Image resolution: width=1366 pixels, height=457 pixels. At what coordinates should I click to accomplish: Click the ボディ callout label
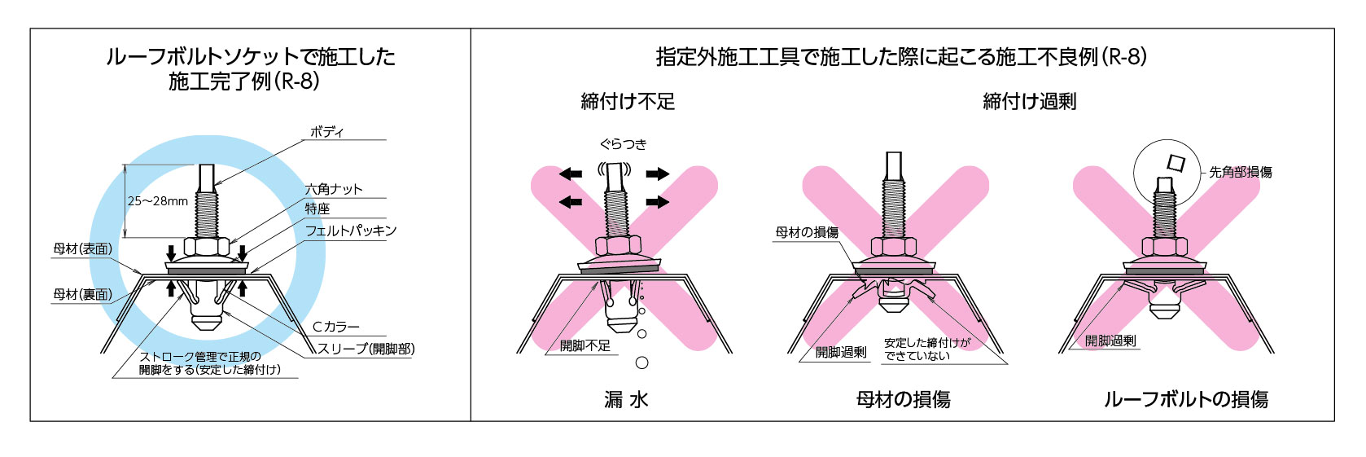[x=326, y=132]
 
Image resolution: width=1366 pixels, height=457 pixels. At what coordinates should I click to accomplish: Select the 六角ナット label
[x=334, y=189]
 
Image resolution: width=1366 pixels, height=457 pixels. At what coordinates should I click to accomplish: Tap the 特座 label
[x=317, y=209]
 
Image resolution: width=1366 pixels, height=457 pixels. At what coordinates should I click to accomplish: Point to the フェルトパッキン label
[x=351, y=231]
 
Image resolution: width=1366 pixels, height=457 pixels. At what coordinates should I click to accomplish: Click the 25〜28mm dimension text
[x=158, y=201]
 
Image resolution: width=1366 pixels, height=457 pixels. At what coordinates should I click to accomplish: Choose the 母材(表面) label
[x=83, y=249]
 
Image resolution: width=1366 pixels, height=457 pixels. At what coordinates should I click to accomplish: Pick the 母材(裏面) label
[x=83, y=295]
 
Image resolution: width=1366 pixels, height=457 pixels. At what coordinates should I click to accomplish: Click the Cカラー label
[x=336, y=327]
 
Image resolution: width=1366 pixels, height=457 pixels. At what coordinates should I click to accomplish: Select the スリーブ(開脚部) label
[x=366, y=349]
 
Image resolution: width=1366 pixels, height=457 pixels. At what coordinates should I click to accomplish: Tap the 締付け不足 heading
[x=628, y=102]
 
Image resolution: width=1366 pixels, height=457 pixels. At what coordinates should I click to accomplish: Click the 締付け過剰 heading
[x=1030, y=102]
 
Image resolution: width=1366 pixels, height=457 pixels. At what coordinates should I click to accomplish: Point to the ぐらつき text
[x=624, y=144]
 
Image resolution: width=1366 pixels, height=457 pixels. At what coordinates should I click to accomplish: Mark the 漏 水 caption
[x=626, y=399]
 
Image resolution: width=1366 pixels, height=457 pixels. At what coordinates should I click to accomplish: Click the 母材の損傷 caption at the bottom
[x=904, y=399]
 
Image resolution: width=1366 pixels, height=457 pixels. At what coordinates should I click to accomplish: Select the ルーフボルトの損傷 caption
[x=1186, y=399]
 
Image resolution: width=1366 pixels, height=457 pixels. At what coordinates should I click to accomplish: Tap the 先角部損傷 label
[x=1240, y=172]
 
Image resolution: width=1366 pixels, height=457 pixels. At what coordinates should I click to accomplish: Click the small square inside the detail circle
[x=1175, y=162]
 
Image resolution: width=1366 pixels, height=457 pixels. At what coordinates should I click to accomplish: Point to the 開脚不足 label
[x=585, y=346]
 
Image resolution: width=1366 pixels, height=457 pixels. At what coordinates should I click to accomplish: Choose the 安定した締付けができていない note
[x=927, y=349]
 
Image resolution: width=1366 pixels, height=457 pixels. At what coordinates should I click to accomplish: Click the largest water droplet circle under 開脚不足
[x=642, y=363]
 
